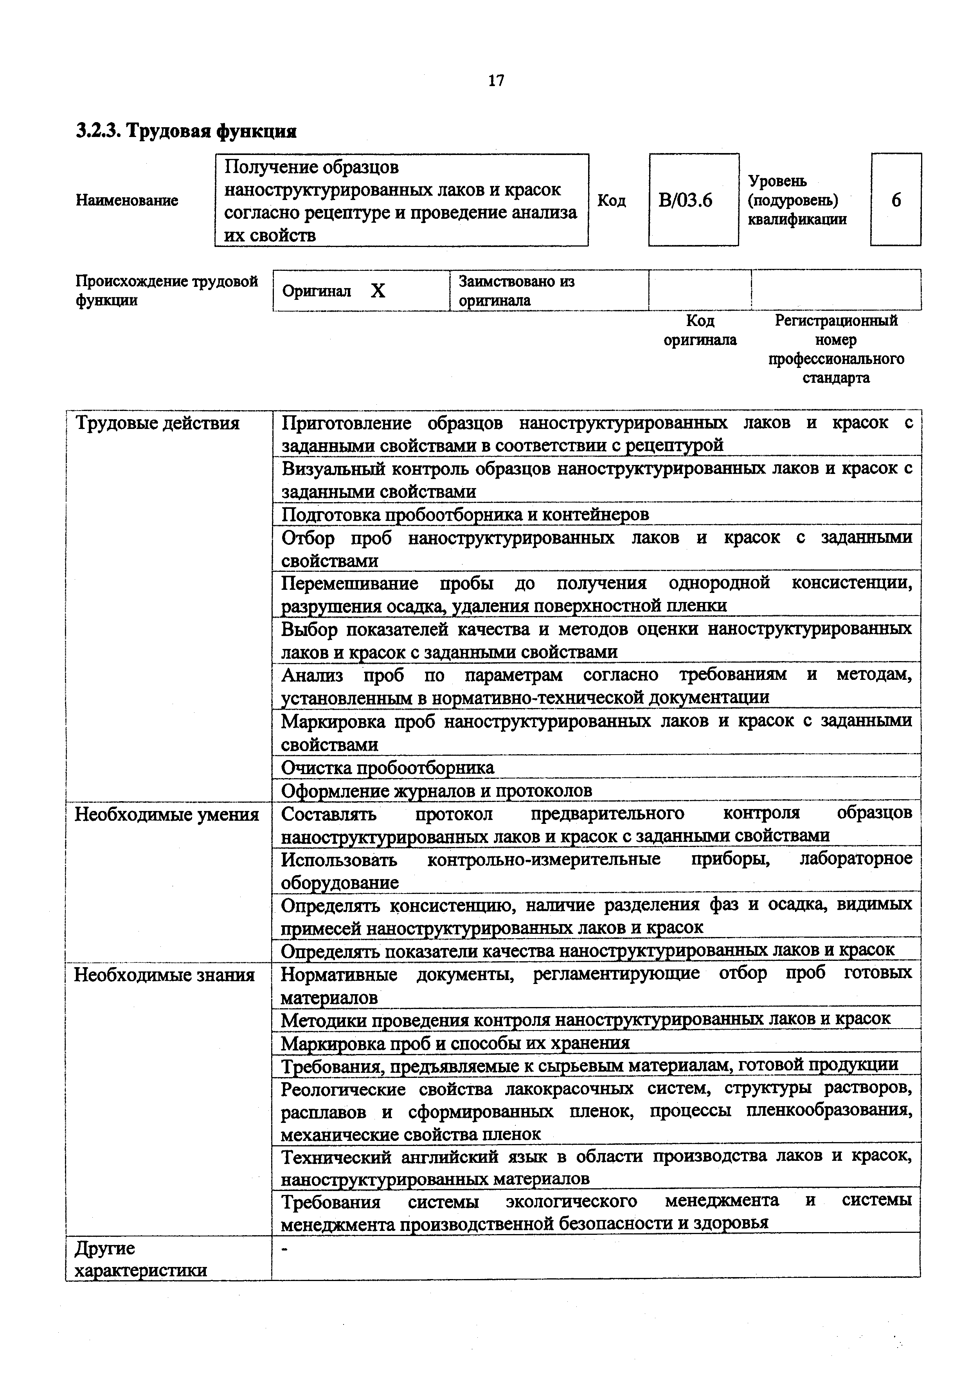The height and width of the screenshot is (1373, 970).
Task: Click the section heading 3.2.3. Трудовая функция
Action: point(186,130)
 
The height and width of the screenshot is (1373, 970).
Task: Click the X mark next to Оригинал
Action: point(378,291)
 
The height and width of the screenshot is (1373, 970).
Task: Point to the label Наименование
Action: point(127,200)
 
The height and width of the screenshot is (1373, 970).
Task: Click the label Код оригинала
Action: point(700,330)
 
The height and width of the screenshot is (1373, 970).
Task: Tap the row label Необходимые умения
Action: point(166,814)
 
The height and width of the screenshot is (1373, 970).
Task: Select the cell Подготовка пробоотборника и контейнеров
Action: point(465,514)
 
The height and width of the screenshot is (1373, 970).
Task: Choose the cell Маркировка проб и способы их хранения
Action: point(455,1043)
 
